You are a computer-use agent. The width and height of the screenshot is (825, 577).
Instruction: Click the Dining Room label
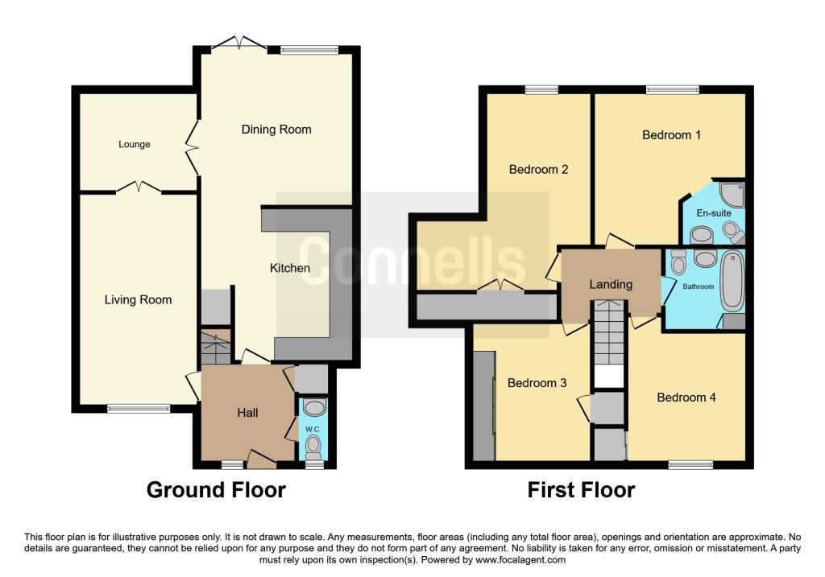[276, 130]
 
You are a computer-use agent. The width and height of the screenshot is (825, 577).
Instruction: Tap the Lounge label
[135, 145]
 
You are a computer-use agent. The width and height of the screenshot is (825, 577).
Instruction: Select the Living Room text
[138, 300]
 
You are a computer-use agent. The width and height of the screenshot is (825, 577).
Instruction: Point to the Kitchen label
[290, 268]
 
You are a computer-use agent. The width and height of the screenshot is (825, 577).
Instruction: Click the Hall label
[247, 413]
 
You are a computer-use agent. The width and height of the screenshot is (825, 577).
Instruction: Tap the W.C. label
[313, 430]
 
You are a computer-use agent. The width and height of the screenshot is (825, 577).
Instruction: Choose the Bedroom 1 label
[671, 135]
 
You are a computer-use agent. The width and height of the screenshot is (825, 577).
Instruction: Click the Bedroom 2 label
[538, 169]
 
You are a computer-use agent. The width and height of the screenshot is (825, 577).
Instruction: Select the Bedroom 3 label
[537, 383]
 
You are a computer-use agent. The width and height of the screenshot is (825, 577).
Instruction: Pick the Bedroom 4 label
[686, 398]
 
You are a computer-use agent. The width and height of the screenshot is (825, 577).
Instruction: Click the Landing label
[611, 284]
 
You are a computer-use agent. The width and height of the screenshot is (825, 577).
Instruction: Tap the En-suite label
[714, 213]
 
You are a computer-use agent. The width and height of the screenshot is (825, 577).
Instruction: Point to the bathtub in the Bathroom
[732, 281]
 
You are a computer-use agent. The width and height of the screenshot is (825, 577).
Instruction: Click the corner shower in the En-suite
[732, 194]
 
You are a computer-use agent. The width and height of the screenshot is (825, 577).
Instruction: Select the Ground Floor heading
[216, 490]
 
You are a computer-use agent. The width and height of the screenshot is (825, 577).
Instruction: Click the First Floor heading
[581, 490]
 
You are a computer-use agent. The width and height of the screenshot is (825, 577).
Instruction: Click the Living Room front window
[139, 408]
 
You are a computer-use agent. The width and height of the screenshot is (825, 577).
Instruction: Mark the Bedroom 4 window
[690, 464]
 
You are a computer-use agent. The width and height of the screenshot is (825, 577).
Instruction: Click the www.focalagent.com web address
[520, 559]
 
